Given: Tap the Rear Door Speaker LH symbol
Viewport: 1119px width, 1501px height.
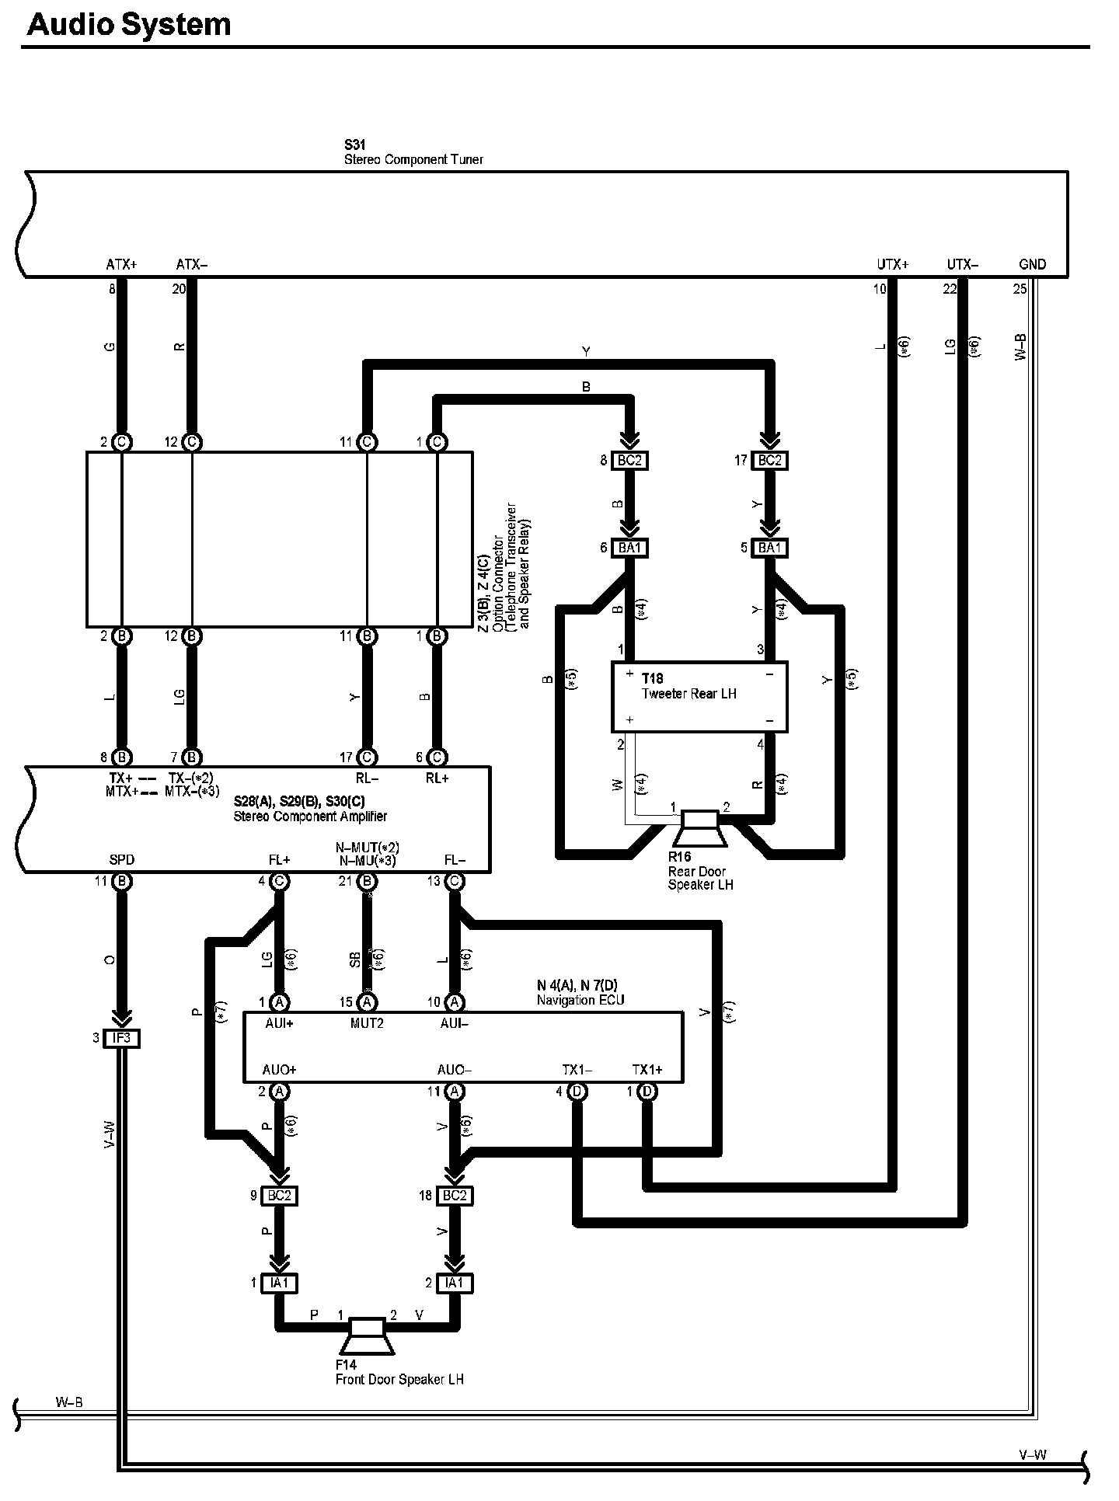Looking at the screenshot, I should pyautogui.click(x=700, y=828).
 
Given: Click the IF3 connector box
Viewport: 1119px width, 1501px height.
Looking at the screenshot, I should pyautogui.click(x=122, y=1038).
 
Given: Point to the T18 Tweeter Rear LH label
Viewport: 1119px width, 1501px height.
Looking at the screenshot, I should pyautogui.click(x=688, y=687).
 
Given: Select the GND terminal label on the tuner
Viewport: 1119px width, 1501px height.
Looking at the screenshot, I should pyautogui.click(x=1032, y=264).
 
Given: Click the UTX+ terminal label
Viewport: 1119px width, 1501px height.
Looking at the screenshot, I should pyautogui.click(x=892, y=264).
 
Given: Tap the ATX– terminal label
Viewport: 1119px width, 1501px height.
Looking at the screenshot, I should pyautogui.click(x=191, y=264).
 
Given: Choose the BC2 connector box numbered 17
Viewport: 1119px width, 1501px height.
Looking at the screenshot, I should pyautogui.click(x=769, y=461).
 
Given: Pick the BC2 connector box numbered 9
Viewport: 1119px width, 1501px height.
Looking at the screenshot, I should pyautogui.click(x=279, y=1196).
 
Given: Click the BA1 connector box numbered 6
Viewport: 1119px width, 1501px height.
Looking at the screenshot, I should pyautogui.click(x=629, y=548).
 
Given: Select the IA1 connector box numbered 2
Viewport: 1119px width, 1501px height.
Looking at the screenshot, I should pyautogui.click(x=455, y=1283).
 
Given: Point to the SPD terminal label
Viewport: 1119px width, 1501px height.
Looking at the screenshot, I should pyautogui.click(x=122, y=859).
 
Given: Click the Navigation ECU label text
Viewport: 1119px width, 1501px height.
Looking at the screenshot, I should pyautogui.click(x=580, y=1000).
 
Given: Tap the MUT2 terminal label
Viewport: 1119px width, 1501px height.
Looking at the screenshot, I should pyautogui.click(x=367, y=1023).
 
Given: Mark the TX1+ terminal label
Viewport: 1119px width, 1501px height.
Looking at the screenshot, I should pyautogui.click(x=647, y=1070).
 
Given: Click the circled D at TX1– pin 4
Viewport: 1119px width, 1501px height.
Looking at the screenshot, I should pyautogui.click(x=577, y=1092).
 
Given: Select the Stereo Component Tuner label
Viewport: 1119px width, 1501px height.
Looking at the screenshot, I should pyautogui.click(x=413, y=159).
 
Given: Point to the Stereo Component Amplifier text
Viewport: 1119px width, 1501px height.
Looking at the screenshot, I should pyautogui.click(x=310, y=816).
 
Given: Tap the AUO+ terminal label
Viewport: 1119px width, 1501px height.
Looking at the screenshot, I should pyautogui.click(x=279, y=1070).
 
